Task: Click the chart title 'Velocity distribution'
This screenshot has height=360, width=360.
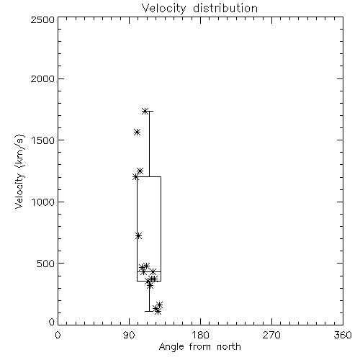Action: click(x=199, y=9)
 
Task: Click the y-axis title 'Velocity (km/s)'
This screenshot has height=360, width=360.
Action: click(x=19, y=171)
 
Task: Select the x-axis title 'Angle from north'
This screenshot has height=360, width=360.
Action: click(x=199, y=347)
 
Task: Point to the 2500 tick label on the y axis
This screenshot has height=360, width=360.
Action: click(x=42, y=19)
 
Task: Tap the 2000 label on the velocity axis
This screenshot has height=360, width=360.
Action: click(x=42, y=78)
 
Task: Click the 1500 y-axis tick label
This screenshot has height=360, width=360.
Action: click(x=43, y=140)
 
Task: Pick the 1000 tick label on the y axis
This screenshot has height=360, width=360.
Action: click(x=43, y=202)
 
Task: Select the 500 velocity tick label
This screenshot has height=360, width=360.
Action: click(x=46, y=264)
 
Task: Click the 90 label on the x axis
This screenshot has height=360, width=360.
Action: click(x=129, y=335)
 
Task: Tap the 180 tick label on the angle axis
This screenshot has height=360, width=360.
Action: click(x=200, y=335)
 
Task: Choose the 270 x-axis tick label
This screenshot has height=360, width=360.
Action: click(x=271, y=335)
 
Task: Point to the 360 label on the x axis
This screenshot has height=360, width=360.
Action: click(x=343, y=335)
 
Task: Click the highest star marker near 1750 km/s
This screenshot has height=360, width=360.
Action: click(x=145, y=111)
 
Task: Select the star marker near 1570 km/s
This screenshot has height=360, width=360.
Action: click(x=137, y=132)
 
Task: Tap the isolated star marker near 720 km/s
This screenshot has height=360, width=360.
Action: click(x=138, y=236)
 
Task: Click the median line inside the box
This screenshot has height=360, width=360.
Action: click(x=149, y=271)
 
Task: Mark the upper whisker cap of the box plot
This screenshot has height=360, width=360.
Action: click(x=149, y=111)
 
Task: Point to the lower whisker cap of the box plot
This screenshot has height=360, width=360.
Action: click(x=149, y=311)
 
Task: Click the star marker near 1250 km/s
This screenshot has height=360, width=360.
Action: click(x=140, y=171)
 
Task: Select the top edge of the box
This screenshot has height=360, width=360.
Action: click(x=149, y=176)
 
